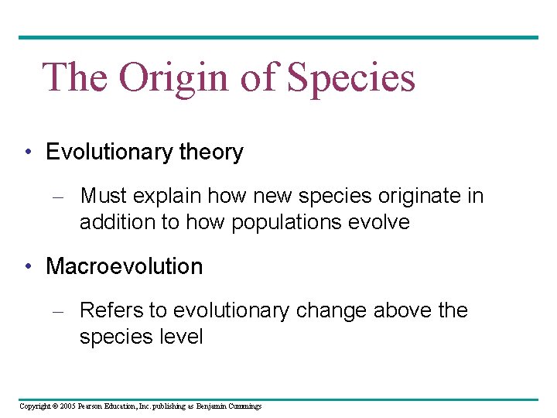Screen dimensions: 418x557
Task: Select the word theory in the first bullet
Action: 211,152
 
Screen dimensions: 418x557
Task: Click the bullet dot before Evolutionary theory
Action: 28,152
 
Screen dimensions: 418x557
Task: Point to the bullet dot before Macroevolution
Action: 28,266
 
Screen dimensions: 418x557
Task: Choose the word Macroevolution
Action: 124,266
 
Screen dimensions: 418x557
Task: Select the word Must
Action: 102,197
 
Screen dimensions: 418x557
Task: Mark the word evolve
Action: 380,222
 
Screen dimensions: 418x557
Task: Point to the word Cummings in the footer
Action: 244,406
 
